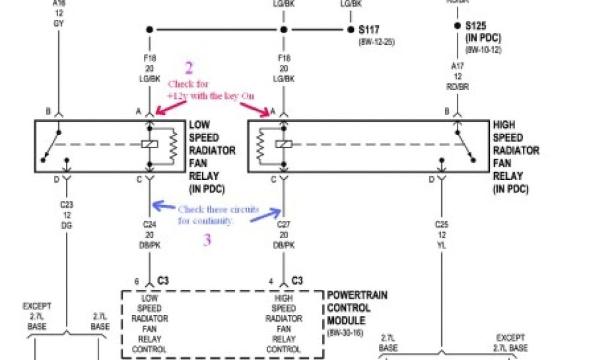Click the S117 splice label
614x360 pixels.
(370, 29)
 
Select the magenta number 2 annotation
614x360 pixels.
(189, 68)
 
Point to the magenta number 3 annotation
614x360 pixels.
(206, 240)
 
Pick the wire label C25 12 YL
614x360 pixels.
(441, 235)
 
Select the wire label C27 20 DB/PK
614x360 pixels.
(284, 235)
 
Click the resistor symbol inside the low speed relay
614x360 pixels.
(173, 145)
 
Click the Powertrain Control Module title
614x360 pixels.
(357, 308)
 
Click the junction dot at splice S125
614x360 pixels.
(458, 26)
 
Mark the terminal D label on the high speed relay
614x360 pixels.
(431, 179)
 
